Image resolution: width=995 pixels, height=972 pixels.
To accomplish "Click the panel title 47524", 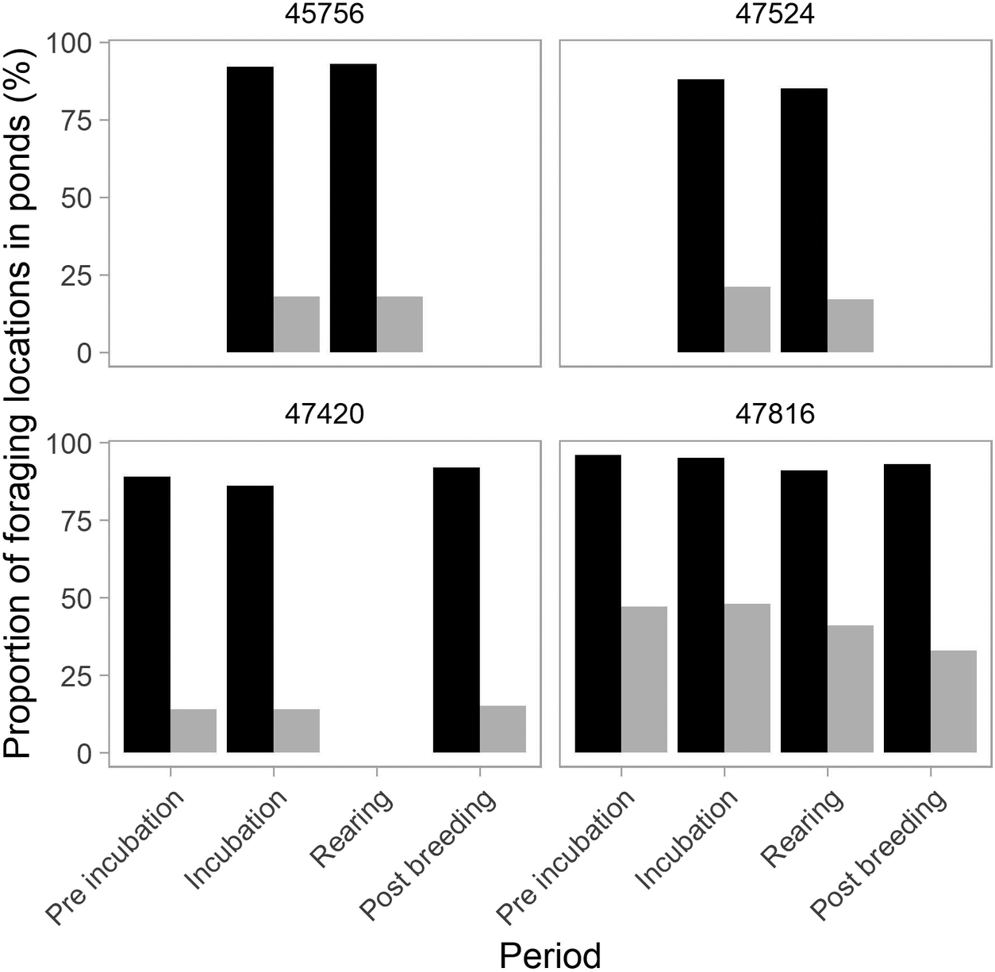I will tap(775, 14).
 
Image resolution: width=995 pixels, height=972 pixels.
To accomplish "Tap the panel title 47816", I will tap(775, 414).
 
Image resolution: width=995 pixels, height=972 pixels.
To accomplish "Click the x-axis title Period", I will tap(550, 955).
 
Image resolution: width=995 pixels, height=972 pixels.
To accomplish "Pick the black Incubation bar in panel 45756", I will tap(250, 210).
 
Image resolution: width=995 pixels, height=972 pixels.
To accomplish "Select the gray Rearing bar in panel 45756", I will tap(399, 325).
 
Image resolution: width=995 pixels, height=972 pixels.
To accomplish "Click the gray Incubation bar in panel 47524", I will tap(747, 320).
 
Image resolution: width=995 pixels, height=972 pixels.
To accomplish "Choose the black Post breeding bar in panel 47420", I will tap(456, 610).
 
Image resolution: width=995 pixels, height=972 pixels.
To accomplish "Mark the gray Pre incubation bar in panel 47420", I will tap(194, 731).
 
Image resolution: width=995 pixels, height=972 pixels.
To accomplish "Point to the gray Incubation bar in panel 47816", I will tap(747, 678).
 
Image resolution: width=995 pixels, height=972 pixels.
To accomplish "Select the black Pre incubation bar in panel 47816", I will tap(598, 604).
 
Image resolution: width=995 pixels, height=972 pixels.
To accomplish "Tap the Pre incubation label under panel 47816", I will tap(567, 857).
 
